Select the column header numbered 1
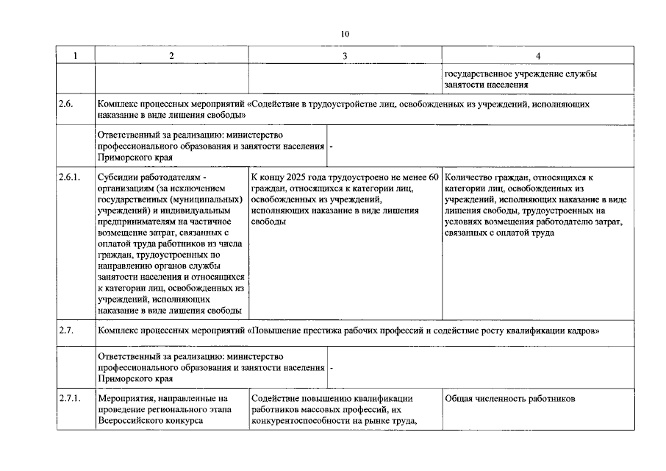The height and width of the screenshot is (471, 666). (74, 56)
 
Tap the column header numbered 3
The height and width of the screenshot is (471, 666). (345, 56)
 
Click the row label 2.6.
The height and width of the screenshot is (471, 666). (66, 105)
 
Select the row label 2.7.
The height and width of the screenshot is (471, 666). (66, 331)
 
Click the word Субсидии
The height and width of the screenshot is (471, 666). (116, 177)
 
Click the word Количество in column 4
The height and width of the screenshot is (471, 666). (470, 177)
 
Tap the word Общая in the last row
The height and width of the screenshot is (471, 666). (460, 399)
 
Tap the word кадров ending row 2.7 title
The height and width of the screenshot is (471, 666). (587, 331)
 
